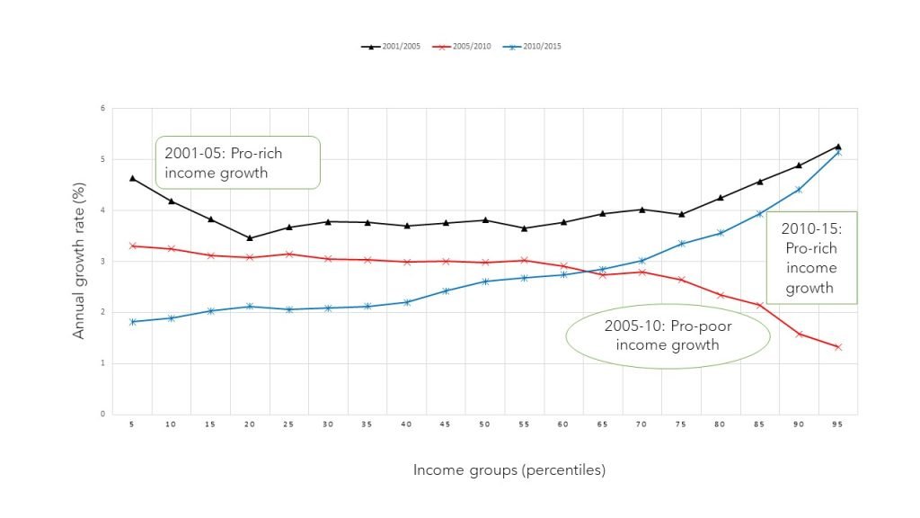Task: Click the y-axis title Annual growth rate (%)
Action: coord(79,261)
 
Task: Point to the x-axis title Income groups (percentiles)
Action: coord(509,470)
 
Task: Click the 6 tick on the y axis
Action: coord(103,108)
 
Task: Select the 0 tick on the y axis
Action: coord(103,415)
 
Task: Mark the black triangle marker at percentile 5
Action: coord(133,178)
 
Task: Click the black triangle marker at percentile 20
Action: coord(250,238)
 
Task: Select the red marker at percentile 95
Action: coord(838,347)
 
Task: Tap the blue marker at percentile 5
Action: coord(133,322)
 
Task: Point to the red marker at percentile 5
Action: coord(133,246)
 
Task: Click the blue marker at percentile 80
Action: coord(721,233)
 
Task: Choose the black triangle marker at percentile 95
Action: coord(838,146)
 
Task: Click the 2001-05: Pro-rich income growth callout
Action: coord(238,163)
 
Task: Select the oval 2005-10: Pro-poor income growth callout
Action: coord(668,336)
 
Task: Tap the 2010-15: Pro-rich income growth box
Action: coord(810,257)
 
